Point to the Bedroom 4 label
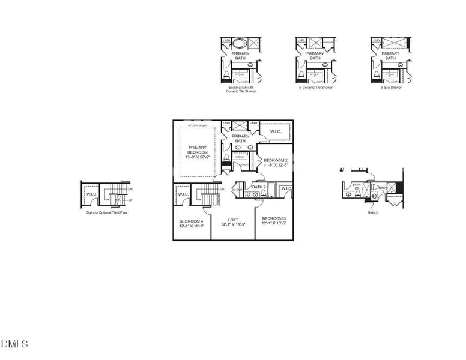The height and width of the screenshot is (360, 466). (x=192, y=221)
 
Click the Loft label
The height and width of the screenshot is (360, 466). (x=232, y=219)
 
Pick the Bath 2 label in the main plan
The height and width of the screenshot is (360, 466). (x=259, y=187)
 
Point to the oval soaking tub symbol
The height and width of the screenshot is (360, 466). (x=240, y=43)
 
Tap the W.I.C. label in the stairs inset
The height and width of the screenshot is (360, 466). (x=92, y=194)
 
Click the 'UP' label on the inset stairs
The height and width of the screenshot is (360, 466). (x=130, y=200)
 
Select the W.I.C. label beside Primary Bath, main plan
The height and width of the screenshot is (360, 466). (x=276, y=131)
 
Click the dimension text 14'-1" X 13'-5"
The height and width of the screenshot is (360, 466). (x=232, y=224)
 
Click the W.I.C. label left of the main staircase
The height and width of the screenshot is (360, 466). (x=183, y=194)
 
